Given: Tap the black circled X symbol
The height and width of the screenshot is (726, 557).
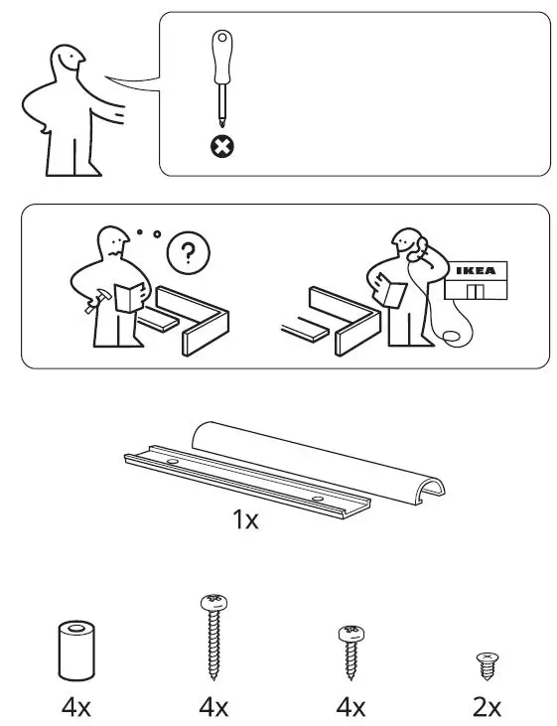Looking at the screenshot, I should [x=223, y=148].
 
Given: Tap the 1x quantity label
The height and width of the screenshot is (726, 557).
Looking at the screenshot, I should [x=245, y=519].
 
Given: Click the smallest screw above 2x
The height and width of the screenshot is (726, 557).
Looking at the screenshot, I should [x=486, y=663].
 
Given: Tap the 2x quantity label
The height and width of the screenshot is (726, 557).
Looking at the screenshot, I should [x=486, y=707].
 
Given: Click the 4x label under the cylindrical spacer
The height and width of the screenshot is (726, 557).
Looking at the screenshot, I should [x=74, y=707].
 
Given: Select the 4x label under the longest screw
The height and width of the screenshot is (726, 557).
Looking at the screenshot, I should [x=212, y=707].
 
